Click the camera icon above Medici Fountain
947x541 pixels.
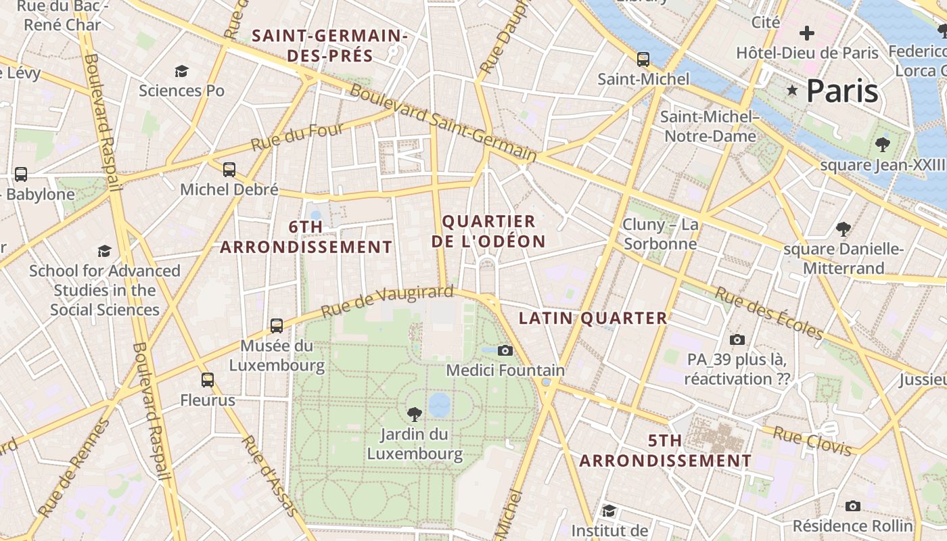505,350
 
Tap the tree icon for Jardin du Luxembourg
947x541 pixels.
414,414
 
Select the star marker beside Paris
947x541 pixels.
791,91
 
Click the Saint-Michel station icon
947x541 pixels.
643,59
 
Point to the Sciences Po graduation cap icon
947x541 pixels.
181,71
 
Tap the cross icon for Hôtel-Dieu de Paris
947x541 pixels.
806,32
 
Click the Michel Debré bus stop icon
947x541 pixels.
229,169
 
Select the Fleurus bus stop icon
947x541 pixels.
208,380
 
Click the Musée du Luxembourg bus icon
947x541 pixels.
276,326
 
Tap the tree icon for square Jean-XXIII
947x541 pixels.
882,144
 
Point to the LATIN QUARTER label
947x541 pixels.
593,318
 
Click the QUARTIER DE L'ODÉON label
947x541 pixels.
488,231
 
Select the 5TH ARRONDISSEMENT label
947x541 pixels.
665,450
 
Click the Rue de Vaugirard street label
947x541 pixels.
387,302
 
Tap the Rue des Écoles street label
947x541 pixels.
769,314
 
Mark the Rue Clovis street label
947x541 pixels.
812,440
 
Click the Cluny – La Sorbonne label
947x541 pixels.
660,234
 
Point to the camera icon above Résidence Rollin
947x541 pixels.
852,506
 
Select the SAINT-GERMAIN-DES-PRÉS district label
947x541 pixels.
330,45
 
